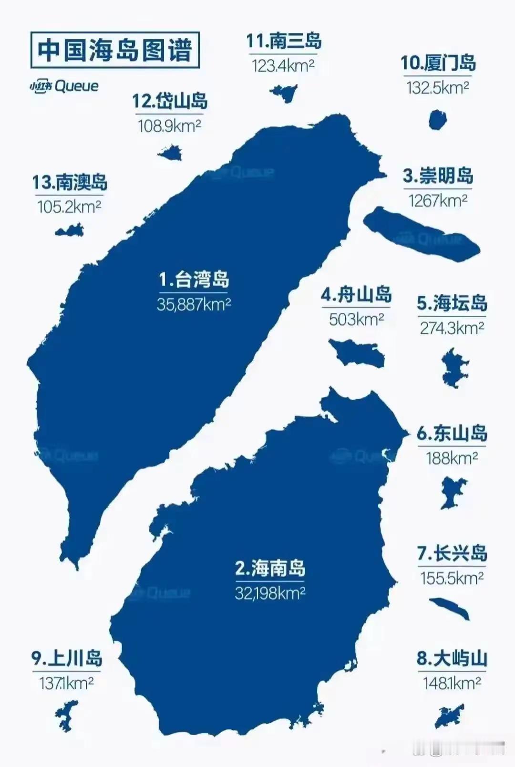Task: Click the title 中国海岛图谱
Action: pyautogui.click(x=114, y=50)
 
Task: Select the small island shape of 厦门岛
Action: pyautogui.click(x=437, y=120)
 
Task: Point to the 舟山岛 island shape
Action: pyautogui.click(x=357, y=352)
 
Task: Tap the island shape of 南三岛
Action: pyautogui.click(x=284, y=93)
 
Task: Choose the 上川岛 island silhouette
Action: pyautogui.click(x=65, y=715)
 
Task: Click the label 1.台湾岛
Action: pyautogui.click(x=194, y=280)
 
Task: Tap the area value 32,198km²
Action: pyautogui.click(x=270, y=593)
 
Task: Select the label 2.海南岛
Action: pyautogui.click(x=270, y=569)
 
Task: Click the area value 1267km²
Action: pyautogui.click(x=437, y=201)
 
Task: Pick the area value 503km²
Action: pyautogui.click(x=356, y=319)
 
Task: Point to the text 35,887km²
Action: pyautogui.click(x=194, y=304)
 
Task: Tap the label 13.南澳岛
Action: pyautogui.click(x=70, y=182)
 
